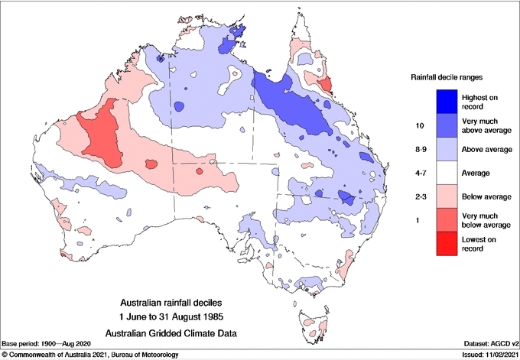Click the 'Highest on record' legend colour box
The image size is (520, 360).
pyautogui.click(x=447, y=101)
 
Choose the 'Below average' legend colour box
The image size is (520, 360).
pyautogui.click(x=447, y=196)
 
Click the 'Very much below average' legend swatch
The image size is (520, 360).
pyautogui.click(x=447, y=220)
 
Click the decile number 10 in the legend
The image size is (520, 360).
pyautogui.click(x=418, y=125)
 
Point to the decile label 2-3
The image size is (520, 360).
pyautogui.click(x=418, y=196)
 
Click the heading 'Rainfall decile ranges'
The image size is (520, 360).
pyautogui.click(x=446, y=77)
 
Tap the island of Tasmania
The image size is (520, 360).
pyautogui.click(x=314, y=322)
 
